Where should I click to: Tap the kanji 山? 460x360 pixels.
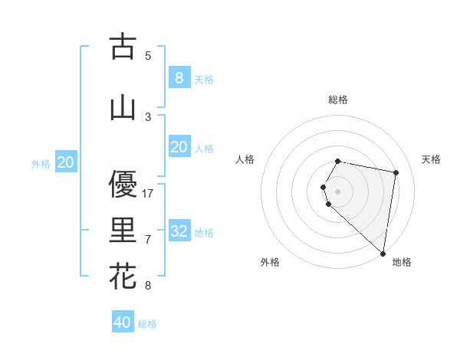pyautogui.click(x=123, y=108)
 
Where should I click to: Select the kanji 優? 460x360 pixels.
pyautogui.click(x=123, y=184)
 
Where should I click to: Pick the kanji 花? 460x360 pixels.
pyautogui.click(x=123, y=276)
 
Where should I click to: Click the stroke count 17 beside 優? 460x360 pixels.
pyautogui.click(x=149, y=194)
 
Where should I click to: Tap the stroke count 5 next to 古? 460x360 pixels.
pyautogui.click(x=148, y=55)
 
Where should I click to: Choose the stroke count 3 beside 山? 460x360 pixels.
pyautogui.click(x=148, y=116)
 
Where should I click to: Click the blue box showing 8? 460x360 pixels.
pyautogui.click(x=179, y=77)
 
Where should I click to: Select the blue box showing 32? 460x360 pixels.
pyautogui.click(x=179, y=231)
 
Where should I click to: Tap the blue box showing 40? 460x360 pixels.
pyautogui.click(x=123, y=322)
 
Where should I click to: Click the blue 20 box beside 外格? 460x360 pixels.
pyautogui.click(x=66, y=162)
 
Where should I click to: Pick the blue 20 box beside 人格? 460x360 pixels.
pyautogui.click(x=179, y=147)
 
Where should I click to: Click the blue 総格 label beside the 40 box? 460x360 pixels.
pyautogui.click(x=147, y=324)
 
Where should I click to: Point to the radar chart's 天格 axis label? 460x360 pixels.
pyautogui.click(x=431, y=159)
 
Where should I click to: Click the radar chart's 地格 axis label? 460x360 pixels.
pyautogui.click(x=402, y=262)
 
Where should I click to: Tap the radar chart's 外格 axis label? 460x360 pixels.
pyautogui.click(x=269, y=262)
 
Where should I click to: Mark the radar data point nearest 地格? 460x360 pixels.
pyautogui.click(x=383, y=253)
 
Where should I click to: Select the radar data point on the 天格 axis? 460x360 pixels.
pyautogui.click(x=396, y=172)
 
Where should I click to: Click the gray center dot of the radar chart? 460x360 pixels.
pyautogui.click(x=338, y=191)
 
